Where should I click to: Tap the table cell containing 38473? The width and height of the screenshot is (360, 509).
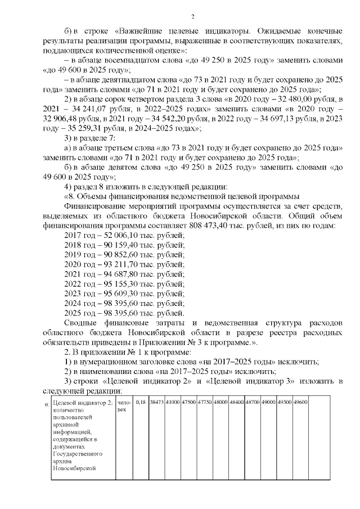coord(156,402)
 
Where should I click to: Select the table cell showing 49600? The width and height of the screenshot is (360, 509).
coord(300,402)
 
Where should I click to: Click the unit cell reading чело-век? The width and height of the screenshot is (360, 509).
coord(125,405)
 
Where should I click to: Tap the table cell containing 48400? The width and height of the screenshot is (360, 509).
coord(236,402)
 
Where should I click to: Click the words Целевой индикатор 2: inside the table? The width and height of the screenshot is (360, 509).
coord(82,402)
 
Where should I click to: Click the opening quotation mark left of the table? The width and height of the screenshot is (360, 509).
coord(46,403)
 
